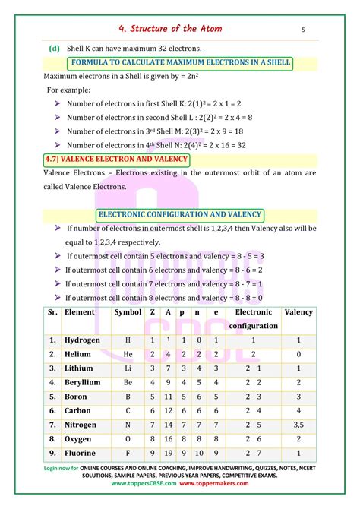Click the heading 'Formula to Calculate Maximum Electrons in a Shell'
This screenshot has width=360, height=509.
tap(180, 62)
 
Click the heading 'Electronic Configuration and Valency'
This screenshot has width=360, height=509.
tap(180, 215)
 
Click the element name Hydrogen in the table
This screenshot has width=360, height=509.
tap(82, 340)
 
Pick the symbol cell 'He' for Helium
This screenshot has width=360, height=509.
tap(128, 354)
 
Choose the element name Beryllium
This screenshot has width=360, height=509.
tap(82, 382)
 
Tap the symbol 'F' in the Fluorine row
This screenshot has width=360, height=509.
tap(128, 453)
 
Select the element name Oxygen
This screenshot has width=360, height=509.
tap(78, 439)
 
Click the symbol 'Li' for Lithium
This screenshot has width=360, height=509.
tap(128, 368)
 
